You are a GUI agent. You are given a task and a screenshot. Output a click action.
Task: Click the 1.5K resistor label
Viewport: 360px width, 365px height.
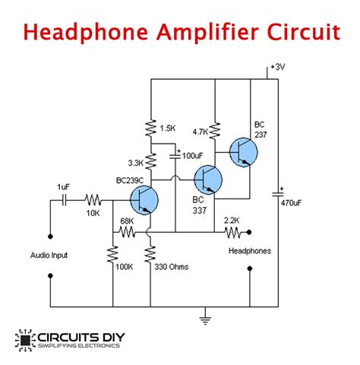[169, 125]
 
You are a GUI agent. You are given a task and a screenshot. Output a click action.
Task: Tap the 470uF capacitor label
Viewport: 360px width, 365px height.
[292, 203]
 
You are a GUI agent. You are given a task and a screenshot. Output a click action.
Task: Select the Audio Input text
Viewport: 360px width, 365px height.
[49, 255]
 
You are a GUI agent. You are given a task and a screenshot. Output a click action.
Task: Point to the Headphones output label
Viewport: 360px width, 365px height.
[250, 249]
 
